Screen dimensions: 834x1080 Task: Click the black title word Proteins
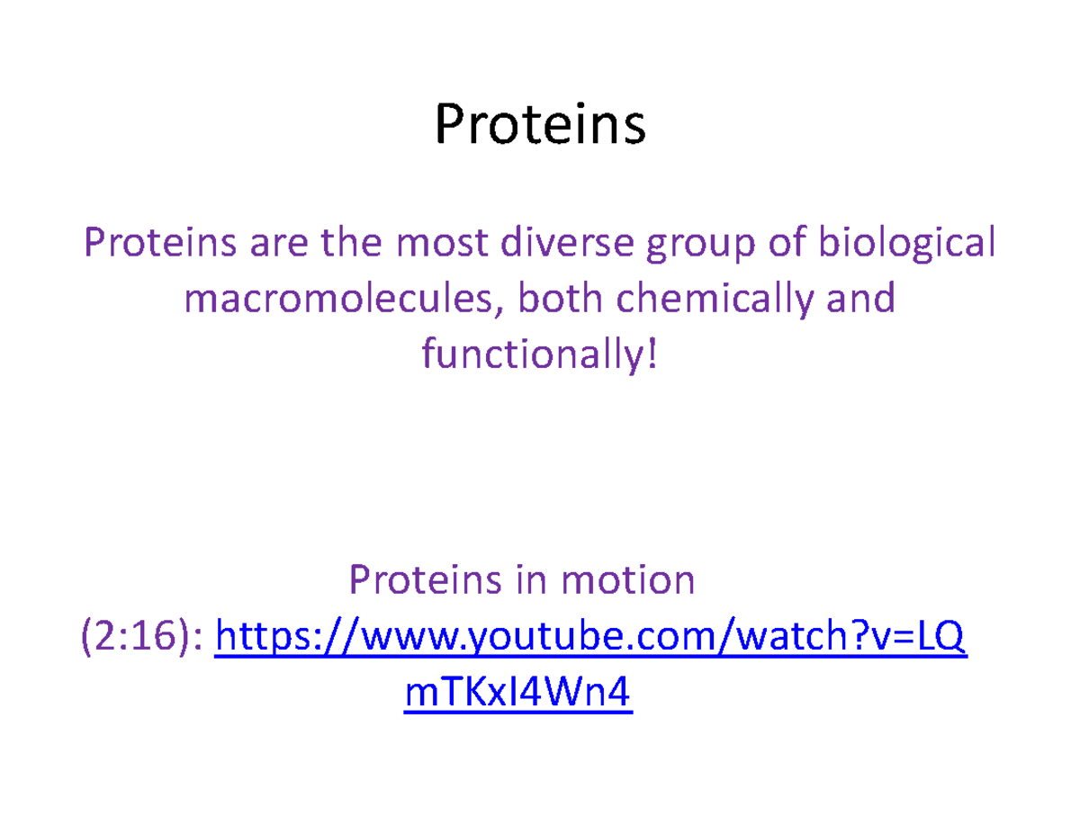[x=540, y=125]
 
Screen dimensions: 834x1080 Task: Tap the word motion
[x=626, y=580]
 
